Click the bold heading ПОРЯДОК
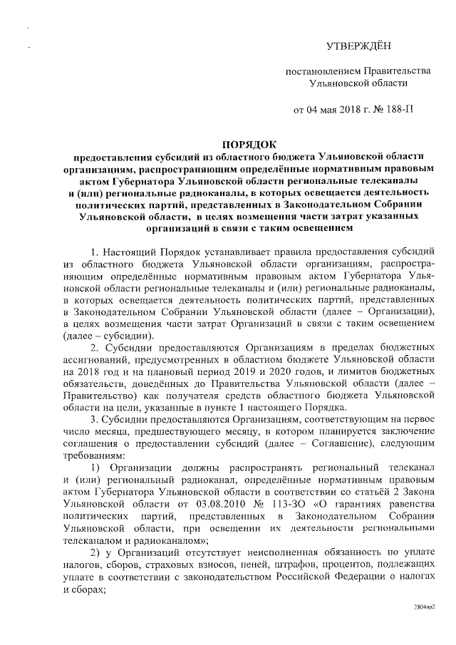[x=245, y=144]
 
